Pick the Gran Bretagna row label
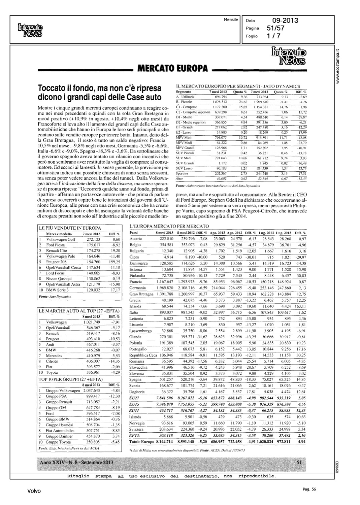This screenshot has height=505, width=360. [x=141, y=294]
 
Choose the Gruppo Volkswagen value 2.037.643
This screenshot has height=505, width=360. [x=91, y=391]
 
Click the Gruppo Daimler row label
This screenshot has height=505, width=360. [x=59, y=436]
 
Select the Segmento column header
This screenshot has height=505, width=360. [x=184, y=92]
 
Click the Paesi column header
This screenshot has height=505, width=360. [x=134, y=233]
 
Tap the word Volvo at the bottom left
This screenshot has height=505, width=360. [x=34, y=491]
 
